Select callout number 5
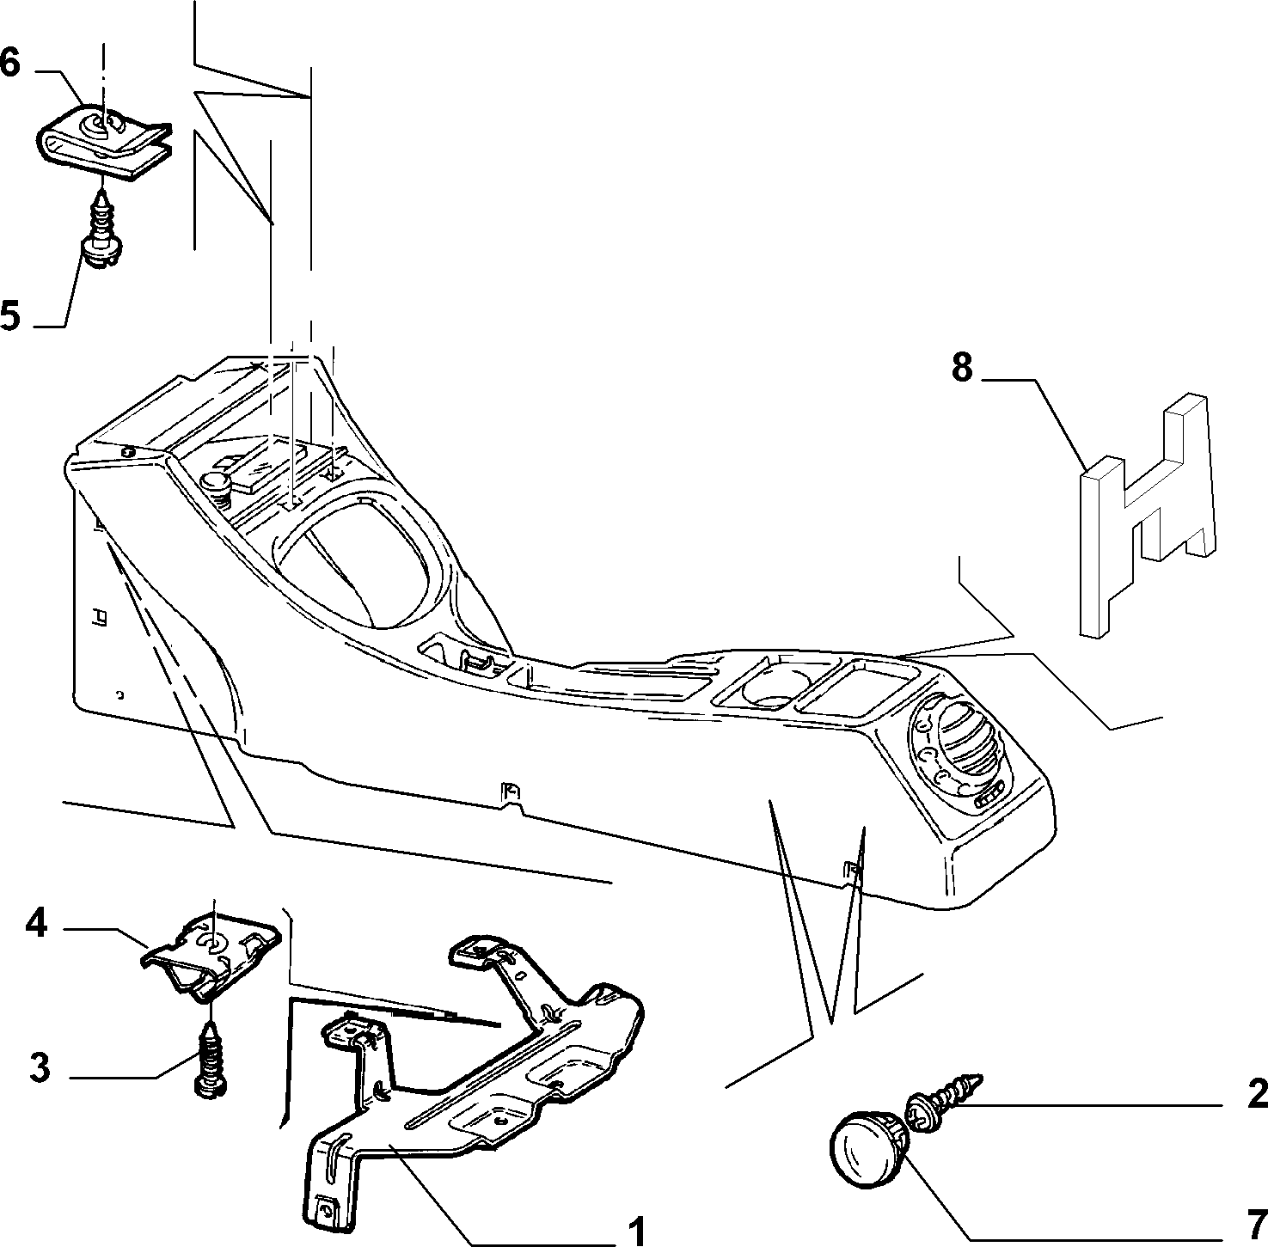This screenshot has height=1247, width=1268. coord(10,315)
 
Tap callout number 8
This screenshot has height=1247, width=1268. coord(962,368)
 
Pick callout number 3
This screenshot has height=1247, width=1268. coord(40,1068)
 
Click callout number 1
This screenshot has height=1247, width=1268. coord(636,1231)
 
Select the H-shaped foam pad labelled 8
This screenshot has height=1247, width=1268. coord(1148,516)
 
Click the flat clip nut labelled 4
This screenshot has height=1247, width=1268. coord(211,953)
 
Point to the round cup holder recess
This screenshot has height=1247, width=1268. coord(770,683)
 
